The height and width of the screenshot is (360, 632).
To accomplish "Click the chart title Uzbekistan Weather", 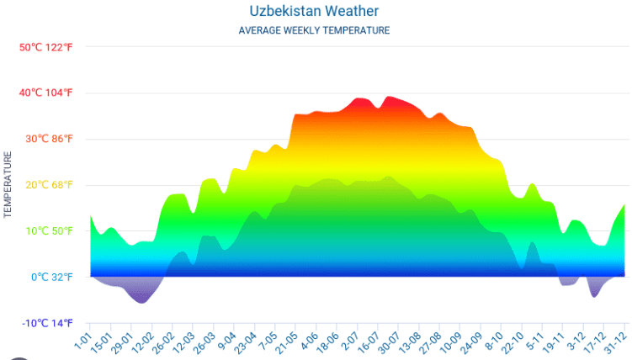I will coord(314,11).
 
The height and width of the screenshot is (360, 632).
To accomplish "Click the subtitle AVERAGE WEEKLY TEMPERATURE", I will coord(314,30).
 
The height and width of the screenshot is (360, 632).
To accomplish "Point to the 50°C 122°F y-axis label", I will coord(46,47).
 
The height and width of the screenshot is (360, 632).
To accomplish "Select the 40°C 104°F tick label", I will coord(46,93).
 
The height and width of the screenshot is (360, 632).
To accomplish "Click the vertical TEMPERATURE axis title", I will coord(8,185).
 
